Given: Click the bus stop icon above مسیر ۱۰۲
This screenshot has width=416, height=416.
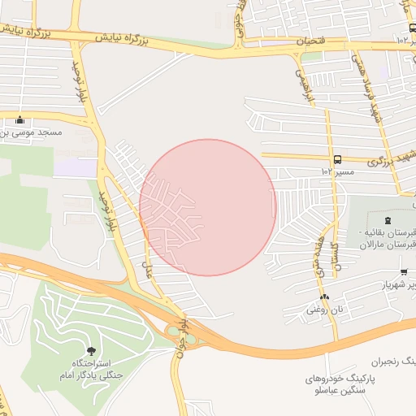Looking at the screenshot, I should pyautogui.click(x=337, y=159).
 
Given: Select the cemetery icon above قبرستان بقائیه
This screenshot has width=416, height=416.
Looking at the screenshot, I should pyautogui.click(x=387, y=220).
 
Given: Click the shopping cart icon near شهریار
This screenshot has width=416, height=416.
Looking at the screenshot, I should pyautogui.click(x=404, y=271).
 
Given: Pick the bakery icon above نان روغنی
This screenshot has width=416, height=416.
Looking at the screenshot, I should pyautogui.click(x=324, y=297).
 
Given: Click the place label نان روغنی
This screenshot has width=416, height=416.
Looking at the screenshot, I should pyautogui.click(x=323, y=310).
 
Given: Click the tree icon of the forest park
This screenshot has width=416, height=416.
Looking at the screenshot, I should pyautogui.click(x=89, y=351).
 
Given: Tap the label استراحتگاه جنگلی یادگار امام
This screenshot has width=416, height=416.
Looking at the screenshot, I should pyautogui.click(x=89, y=370).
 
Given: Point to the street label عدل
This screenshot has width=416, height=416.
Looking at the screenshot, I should pyautogui.click(x=147, y=264).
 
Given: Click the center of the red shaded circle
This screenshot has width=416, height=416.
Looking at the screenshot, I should pyautogui.click(x=208, y=207).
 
